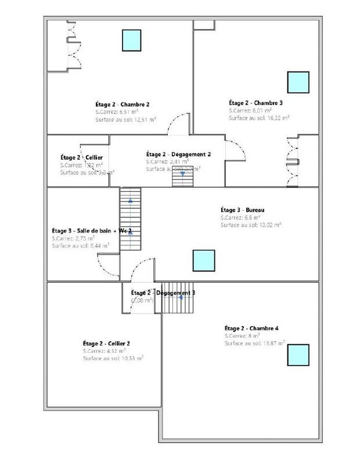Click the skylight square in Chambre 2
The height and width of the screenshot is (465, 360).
click(x=131, y=40)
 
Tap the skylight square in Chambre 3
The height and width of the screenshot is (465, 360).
click(x=298, y=83)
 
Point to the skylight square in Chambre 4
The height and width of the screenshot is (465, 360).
click(x=297, y=354)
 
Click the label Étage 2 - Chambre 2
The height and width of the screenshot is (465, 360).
click(x=123, y=104)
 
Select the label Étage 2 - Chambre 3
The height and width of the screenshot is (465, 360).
click(x=255, y=103)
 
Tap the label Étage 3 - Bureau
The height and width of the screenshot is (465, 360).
click(x=243, y=210)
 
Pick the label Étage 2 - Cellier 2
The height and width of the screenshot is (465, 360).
click(x=106, y=344)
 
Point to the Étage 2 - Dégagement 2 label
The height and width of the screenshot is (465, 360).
click(x=178, y=154)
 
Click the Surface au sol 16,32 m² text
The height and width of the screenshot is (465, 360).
click(x=259, y=117)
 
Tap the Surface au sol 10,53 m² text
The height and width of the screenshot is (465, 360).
click(x=113, y=359)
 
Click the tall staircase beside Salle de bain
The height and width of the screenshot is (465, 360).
click(x=130, y=219)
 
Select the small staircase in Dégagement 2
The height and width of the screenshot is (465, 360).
click(x=182, y=177)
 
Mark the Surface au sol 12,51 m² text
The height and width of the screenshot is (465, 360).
click(x=125, y=119)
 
